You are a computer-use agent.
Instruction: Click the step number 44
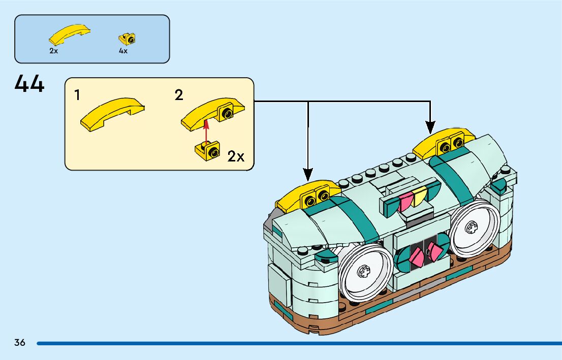tap(29, 84)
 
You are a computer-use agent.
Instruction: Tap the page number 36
tap(20, 342)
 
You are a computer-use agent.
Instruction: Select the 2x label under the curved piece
tap(53, 51)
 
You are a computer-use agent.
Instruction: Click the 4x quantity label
tap(123, 51)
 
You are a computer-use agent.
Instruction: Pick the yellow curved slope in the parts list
tap(70, 34)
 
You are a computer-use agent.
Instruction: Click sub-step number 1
tap(77, 95)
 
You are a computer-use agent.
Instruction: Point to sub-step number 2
tap(179, 95)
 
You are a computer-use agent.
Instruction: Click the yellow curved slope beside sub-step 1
tap(112, 114)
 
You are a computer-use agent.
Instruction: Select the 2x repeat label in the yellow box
tap(236, 156)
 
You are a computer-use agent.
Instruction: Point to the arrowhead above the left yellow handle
tap(308, 175)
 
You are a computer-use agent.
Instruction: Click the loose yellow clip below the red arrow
tap(207, 150)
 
